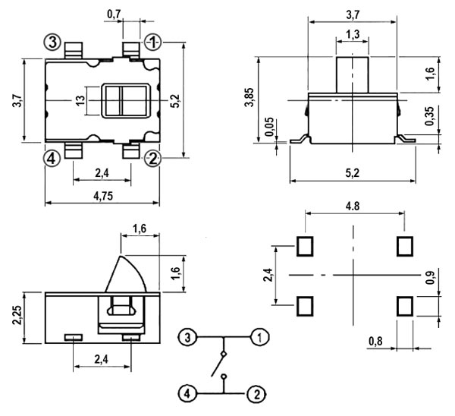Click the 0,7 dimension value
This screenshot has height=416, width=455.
[115, 14]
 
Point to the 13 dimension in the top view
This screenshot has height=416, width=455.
[80, 99]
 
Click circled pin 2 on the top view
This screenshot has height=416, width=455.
[152, 159]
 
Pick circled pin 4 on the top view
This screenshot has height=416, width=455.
[52, 159]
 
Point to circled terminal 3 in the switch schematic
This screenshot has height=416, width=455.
[189, 336]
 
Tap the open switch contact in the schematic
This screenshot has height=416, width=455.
[223, 364]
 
